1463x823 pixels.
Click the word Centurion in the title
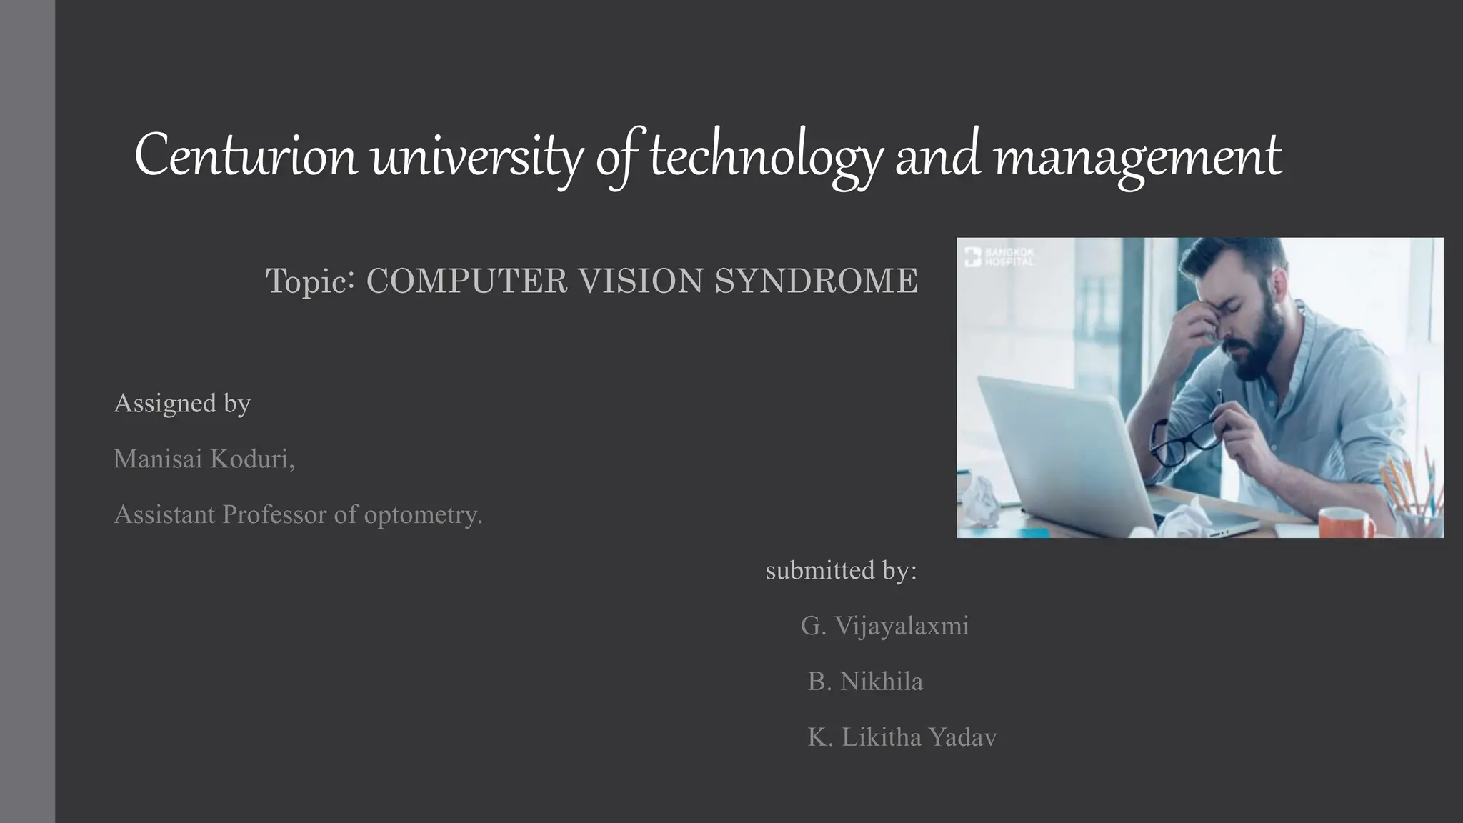(246, 156)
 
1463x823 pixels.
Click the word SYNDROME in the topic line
(816, 281)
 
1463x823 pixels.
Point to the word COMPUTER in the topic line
(466, 281)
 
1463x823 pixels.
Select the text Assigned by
(182, 403)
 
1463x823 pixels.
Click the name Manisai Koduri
(203, 459)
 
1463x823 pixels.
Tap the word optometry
(421, 514)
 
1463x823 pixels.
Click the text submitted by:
(841, 570)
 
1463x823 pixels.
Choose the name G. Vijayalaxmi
(884, 626)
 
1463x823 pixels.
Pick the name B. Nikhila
(864, 682)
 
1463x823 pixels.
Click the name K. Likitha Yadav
(902, 737)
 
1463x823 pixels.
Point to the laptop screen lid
(1057, 443)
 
